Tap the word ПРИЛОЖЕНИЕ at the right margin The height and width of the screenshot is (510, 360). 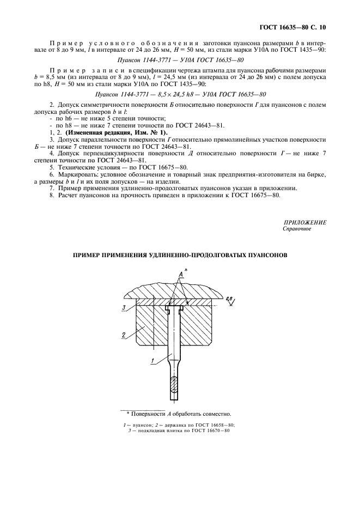click(305, 222)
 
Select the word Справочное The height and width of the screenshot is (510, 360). click(296, 229)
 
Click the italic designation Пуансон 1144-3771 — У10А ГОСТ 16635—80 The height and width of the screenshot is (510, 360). click(180, 60)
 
